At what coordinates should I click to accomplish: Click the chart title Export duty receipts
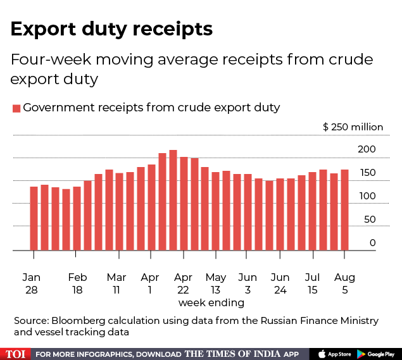pos(111,29)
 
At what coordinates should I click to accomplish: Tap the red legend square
pos(16,108)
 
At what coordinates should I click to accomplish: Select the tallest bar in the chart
pos(173,200)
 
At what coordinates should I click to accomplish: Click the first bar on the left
pos(34,218)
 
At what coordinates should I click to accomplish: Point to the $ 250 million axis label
pos(353,127)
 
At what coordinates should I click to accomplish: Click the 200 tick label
pos(367,149)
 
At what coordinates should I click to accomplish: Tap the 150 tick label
pos(367,173)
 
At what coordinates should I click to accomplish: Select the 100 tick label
pos(367,196)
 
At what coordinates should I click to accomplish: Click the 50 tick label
pos(370,220)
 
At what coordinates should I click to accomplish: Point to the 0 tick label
pos(373,243)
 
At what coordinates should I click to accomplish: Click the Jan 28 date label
pos(32,283)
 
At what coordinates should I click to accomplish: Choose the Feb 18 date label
pos(77,283)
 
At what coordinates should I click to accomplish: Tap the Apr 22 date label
pos(183,283)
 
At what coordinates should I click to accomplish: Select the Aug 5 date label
pos(344,283)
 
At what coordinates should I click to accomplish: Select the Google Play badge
pos(376,354)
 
